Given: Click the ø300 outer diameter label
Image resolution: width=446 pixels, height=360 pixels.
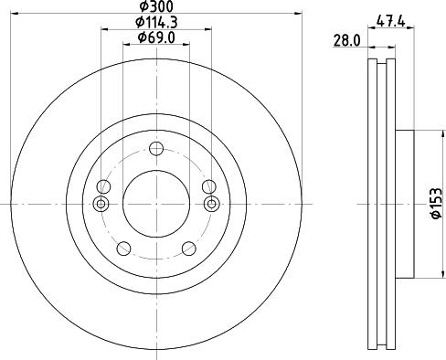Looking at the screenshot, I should (x=155, y=6).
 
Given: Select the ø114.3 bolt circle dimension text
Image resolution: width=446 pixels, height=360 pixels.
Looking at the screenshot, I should (x=155, y=22).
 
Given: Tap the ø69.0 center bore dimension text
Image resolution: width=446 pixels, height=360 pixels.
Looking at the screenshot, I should (x=156, y=37).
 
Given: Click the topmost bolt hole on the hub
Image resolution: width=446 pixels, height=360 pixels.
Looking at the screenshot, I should (x=156, y=150).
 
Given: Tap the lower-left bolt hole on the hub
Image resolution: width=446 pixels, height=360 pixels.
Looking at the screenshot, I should (x=122, y=248).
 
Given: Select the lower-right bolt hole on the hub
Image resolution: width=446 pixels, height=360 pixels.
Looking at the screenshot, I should (x=189, y=248).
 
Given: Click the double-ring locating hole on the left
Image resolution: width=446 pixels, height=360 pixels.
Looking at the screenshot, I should (x=101, y=203).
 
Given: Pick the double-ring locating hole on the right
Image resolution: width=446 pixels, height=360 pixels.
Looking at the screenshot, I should (x=212, y=203).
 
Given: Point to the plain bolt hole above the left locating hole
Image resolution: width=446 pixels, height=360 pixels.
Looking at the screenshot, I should (x=103, y=186).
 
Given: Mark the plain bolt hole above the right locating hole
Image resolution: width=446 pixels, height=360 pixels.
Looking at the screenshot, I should (x=209, y=186).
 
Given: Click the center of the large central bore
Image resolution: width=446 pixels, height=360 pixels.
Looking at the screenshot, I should (x=156, y=203).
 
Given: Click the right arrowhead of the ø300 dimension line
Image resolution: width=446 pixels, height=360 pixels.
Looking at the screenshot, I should (x=298, y=13).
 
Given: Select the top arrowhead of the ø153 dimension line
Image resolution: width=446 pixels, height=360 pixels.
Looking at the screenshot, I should (x=436, y=134).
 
